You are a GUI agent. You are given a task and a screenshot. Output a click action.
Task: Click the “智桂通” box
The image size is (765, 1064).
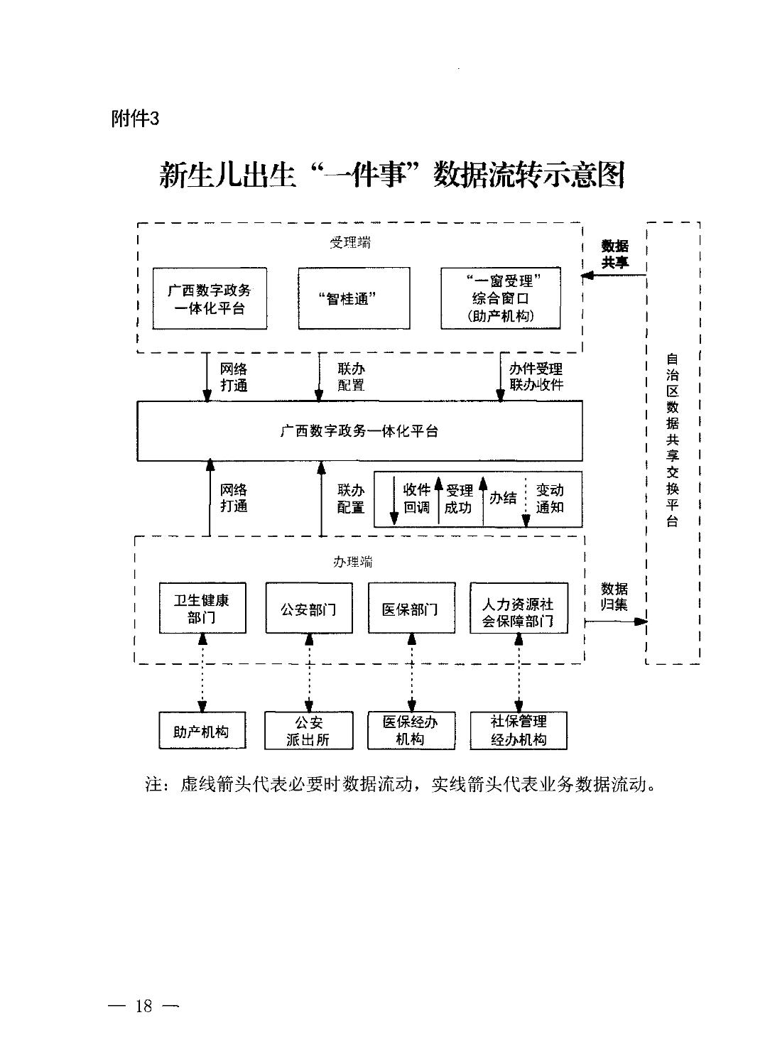354,298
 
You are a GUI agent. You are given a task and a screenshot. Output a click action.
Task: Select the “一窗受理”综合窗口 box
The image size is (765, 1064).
500,298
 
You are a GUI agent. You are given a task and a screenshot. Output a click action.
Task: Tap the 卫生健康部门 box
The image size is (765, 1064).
202,608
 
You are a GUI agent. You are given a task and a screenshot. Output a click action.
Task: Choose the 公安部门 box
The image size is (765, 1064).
309,608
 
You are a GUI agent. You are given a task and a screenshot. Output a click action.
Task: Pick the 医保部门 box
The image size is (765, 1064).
411,608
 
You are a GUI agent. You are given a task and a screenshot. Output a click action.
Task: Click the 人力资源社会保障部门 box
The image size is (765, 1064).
519,608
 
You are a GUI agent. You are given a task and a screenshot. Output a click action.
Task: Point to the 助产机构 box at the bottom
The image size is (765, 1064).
202,731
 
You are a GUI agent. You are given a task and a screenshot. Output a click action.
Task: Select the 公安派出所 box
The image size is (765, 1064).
309,731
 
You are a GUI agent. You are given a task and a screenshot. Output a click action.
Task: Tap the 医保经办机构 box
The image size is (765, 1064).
411,731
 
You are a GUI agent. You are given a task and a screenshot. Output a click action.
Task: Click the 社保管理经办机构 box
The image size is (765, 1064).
519,731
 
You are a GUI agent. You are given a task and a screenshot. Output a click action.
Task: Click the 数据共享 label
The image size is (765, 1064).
615,254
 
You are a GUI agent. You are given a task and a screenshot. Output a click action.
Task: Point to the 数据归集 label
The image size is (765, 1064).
614,597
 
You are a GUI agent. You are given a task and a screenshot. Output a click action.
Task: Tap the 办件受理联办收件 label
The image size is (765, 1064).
536,376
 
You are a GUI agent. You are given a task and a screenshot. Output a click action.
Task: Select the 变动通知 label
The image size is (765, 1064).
550,499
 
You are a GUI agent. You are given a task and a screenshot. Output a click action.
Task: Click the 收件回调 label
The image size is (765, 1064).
416,499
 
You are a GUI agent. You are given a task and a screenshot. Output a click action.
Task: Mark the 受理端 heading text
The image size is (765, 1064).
350,243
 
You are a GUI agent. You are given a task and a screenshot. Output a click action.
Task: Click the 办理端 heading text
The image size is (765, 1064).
352,562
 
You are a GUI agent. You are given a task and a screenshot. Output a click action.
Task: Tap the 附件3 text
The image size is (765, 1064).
135,119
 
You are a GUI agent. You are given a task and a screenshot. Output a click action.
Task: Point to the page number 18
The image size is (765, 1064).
143,1006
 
